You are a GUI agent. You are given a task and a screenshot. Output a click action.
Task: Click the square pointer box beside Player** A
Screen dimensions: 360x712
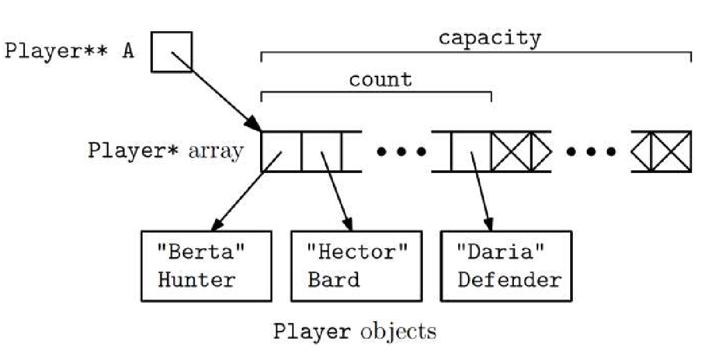(172, 52)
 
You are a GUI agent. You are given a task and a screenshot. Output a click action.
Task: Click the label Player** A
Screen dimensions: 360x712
(70, 53)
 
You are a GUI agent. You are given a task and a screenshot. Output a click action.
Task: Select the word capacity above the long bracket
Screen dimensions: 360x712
(489, 38)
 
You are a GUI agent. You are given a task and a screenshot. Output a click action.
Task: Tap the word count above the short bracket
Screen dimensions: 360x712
(380, 79)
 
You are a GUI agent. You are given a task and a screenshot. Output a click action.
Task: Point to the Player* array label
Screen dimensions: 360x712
(165, 151)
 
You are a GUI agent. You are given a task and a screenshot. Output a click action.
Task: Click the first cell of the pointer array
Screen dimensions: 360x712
(281, 152)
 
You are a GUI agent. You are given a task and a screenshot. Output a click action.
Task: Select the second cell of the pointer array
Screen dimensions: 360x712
(321, 152)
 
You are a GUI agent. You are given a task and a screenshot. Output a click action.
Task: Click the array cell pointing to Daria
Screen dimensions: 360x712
(471, 152)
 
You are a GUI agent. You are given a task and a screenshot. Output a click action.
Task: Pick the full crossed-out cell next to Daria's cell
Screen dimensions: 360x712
(511, 152)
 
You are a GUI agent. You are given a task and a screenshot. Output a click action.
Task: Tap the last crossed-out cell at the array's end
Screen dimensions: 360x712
(671, 152)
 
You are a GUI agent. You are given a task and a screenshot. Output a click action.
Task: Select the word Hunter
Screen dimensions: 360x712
(197, 280)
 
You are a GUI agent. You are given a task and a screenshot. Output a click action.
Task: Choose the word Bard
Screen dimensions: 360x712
(334, 280)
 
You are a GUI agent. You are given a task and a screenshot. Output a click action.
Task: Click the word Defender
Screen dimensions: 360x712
(509, 280)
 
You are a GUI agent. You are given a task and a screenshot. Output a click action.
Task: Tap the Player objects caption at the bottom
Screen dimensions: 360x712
(355, 331)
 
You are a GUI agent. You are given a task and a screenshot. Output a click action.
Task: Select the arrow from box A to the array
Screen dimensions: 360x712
(216, 91)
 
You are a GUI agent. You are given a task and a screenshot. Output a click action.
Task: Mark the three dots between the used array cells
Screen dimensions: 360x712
(401, 152)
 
